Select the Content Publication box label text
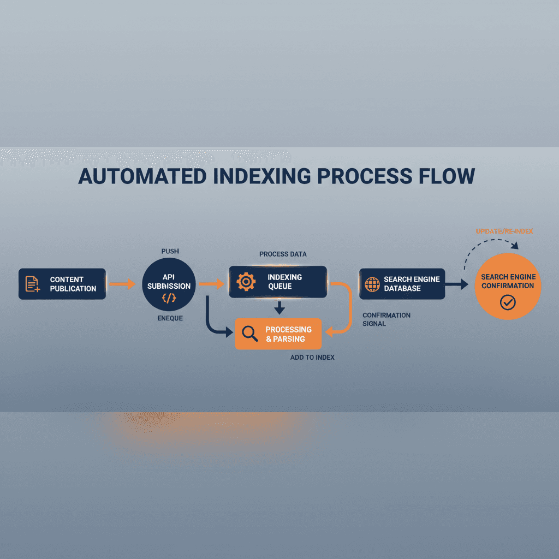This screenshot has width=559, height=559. click(73, 284)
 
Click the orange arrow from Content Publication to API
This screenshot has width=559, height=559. click(122, 284)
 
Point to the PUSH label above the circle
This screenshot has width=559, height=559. click(170, 251)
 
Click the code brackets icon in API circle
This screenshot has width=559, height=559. click(169, 298)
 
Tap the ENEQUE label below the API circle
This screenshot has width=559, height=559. click(170, 318)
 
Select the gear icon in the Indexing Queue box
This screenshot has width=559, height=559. click(246, 282)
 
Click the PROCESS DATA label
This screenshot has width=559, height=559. click(283, 254)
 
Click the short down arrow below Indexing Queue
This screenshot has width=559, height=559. click(279, 308)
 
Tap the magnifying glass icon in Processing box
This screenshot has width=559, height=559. click(249, 334)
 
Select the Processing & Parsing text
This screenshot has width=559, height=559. click(288, 334)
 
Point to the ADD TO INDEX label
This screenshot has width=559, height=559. click(312, 358)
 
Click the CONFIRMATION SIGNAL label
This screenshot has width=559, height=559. click(386, 319)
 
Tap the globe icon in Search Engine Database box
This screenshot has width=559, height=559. click(372, 284)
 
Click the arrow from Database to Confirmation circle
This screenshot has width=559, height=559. click(457, 284)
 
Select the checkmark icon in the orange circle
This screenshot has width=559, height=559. click(508, 302)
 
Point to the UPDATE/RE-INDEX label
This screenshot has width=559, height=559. click(504, 231)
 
